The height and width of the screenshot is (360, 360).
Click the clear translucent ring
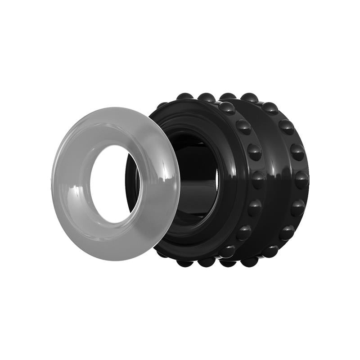click(x=72, y=180)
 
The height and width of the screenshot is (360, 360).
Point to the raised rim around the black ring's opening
click(x=225, y=180)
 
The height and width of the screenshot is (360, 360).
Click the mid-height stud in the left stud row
click(x=258, y=179)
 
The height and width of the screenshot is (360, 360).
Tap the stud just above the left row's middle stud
click(x=255, y=152)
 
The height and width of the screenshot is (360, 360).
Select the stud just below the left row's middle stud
click(x=255, y=207)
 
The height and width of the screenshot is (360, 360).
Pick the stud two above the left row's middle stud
click(x=243, y=127)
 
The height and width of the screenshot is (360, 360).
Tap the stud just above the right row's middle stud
click(x=297, y=152)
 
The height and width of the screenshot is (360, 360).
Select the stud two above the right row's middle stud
click(x=286, y=126)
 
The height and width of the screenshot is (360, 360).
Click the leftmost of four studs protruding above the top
click(x=185, y=96)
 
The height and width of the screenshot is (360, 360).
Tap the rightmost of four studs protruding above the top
click(x=250, y=97)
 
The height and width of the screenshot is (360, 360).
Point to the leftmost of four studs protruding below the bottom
click(x=185, y=263)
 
